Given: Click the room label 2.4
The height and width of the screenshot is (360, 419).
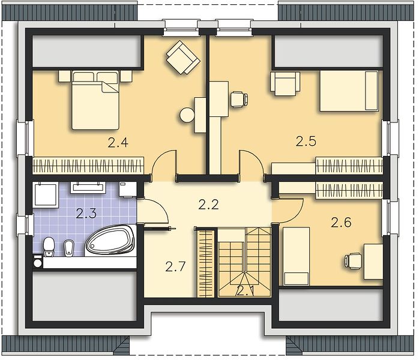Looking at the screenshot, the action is click(118, 142).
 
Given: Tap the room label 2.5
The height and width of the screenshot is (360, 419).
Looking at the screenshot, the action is click(306, 141).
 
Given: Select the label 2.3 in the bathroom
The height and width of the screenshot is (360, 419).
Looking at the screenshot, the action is click(86, 214).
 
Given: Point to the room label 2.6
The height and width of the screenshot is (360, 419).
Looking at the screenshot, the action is click(341, 223).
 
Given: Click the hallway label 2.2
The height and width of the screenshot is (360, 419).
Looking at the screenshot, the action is click(209, 205).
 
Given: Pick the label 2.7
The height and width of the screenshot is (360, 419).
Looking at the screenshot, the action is click(175, 266).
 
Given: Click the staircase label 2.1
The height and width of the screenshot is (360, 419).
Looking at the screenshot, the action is click(245, 290).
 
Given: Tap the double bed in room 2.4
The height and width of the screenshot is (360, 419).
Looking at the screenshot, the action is click(95, 100).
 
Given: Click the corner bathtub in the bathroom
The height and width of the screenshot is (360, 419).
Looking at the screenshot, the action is click(110, 241).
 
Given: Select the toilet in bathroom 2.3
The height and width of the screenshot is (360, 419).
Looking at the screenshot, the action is click(49, 247).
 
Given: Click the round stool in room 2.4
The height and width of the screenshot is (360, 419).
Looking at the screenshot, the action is click(187, 115).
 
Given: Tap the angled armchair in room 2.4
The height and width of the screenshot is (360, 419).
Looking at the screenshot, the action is click(183, 57).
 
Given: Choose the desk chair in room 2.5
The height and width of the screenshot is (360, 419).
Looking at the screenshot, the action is click(239, 100).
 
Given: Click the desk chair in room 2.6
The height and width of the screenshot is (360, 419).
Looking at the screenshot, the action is click(353, 260).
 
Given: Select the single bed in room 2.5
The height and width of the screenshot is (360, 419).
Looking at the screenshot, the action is click(349, 91).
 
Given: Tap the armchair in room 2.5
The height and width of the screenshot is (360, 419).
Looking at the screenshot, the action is click(285, 83).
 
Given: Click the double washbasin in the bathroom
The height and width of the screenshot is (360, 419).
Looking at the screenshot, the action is click(88, 187).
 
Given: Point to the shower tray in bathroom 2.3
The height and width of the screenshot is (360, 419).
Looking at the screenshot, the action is click(46, 194).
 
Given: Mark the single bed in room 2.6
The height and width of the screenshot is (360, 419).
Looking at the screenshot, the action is click(296, 256).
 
